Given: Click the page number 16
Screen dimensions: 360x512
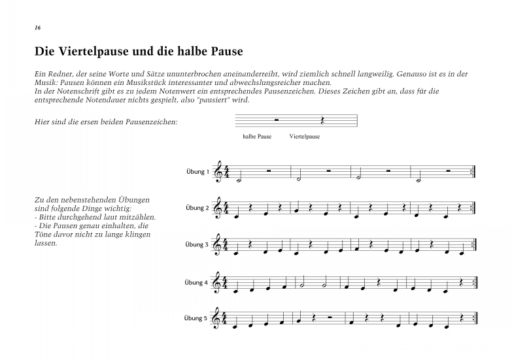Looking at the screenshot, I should [37, 29].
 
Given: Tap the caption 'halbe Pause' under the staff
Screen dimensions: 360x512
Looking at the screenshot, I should [257, 137].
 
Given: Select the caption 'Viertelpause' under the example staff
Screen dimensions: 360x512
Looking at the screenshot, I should [304, 137].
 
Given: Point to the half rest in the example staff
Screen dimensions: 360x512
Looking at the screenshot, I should [277, 120].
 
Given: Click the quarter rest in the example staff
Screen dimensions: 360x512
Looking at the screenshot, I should [322, 121].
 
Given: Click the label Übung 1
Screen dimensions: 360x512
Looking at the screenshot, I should [197, 172].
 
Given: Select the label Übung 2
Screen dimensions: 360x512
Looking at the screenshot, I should [197, 208].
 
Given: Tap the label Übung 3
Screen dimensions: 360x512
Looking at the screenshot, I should [197, 245].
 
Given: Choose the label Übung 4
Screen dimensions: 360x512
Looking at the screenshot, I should [197, 282].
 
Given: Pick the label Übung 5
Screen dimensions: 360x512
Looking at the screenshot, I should [197, 319].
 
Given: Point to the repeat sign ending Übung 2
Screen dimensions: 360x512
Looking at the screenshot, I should [473, 208].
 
